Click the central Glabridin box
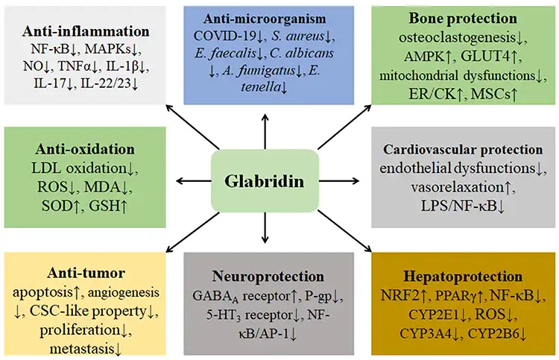[x=265, y=180]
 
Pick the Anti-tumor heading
[x=86, y=272]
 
